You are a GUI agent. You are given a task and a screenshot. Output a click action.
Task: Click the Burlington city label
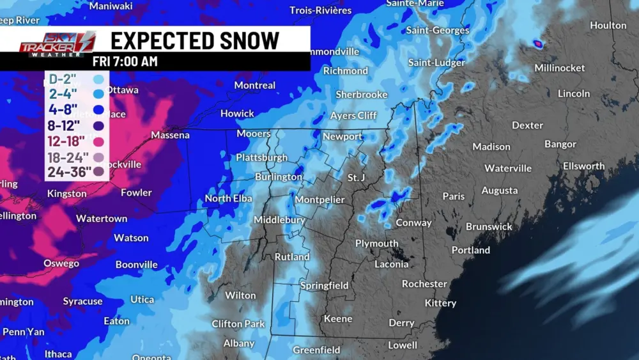tap(278, 176)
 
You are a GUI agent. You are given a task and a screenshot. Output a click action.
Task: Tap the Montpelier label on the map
tap(319, 200)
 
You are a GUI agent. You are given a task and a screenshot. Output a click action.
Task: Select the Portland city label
tap(471, 250)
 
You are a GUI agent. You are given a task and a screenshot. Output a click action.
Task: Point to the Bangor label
tap(560, 144)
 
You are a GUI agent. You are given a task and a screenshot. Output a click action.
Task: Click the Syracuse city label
tap(82, 301)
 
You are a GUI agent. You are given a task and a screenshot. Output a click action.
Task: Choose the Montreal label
tap(254, 85)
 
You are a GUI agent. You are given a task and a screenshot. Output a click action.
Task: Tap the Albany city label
tap(238, 343)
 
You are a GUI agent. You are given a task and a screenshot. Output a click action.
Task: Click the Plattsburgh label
tap(261, 157)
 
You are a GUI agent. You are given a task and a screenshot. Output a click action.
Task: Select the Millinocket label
tap(559, 68)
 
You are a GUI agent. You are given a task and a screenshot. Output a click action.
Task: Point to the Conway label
tap(413, 223)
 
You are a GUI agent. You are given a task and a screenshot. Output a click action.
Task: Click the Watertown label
tap(102, 219)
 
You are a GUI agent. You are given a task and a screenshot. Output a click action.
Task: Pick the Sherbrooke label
tap(362, 95)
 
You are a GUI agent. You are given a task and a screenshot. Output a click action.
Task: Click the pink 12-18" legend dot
tap(98, 141)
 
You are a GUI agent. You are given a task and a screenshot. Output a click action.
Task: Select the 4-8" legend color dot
tap(98, 110)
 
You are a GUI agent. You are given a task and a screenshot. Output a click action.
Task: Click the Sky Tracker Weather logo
tap(57, 44)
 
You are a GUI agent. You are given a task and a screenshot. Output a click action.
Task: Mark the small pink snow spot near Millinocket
tap(538, 44)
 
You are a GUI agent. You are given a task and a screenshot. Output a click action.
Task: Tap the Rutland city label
tap(292, 257)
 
